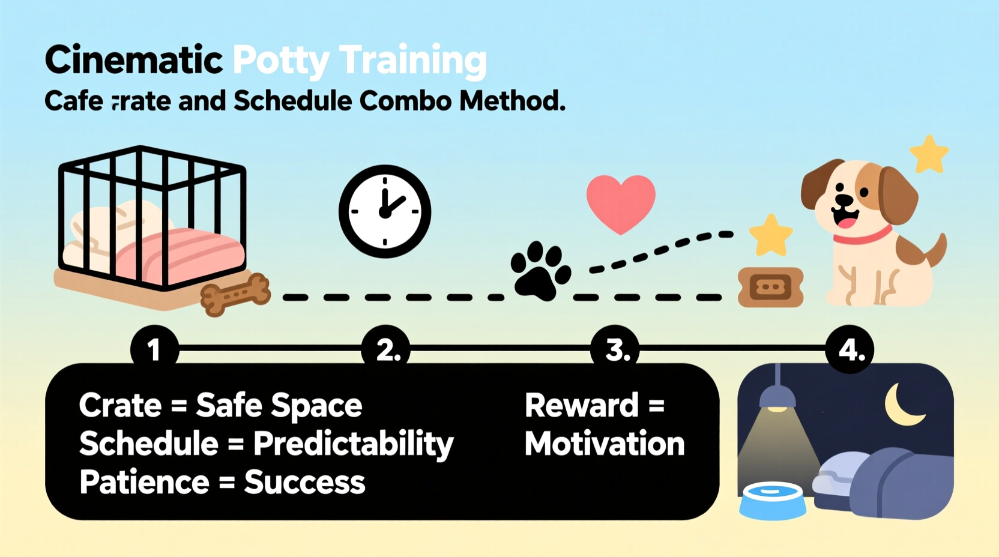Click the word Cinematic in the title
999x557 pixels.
[x=133, y=60]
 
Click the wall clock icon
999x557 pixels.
[x=385, y=211]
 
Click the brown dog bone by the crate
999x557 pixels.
[x=235, y=294]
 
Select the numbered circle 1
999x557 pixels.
[x=154, y=349]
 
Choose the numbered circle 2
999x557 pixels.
[x=386, y=349]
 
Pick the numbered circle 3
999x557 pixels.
[x=615, y=349]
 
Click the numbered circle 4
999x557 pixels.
[x=850, y=349]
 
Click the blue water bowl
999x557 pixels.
[x=773, y=501]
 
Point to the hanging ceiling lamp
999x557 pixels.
[x=777, y=396]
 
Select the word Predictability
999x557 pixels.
[x=353, y=445]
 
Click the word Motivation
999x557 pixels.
[x=605, y=444]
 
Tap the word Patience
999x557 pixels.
[x=144, y=482]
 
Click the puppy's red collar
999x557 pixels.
[x=862, y=236]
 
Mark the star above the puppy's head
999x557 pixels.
[x=929, y=154]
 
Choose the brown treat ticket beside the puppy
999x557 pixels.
[x=771, y=288]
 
